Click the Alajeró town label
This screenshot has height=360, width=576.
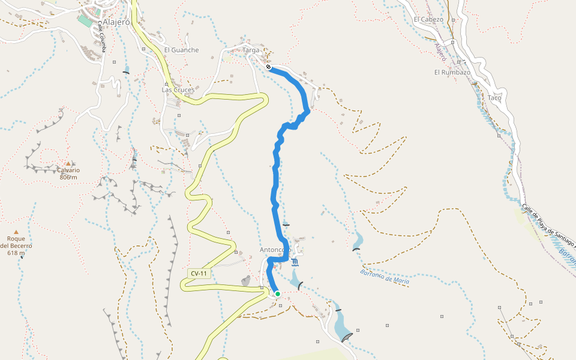point(116,22)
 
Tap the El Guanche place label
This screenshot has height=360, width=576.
point(181,50)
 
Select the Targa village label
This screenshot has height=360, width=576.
point(251,50)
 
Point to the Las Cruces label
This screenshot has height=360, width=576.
point(178,90)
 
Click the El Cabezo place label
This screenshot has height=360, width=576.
point(428,19)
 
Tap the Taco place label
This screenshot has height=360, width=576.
point(494,98)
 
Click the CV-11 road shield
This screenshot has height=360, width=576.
point(199,274)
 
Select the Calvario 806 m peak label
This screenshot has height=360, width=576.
point(68,173)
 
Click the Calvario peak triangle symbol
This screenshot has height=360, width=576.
point(68,163)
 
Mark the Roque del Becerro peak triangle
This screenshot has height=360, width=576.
point(16,232)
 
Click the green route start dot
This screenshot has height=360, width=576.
point(277,293)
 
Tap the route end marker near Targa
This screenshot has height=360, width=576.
point(269,67)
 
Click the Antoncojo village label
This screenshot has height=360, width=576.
point(275,250)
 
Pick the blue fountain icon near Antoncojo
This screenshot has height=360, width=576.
point(295,263)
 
